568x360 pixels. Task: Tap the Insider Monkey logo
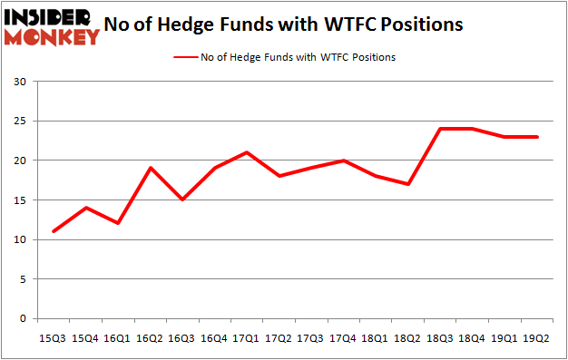click(51, 25)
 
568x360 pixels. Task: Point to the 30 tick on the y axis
click(18, 82)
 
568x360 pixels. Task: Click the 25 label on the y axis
click(18, 122)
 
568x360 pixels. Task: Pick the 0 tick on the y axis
click(22, 319)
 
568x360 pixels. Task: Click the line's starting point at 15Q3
click(54, 231)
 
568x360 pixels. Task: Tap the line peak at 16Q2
click(151, 168)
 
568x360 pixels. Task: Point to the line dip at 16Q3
click(182, 199)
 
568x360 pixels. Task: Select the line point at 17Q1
click(247, 152)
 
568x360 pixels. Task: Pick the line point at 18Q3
click(439, 129)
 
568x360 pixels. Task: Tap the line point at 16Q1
click(118, 223)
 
